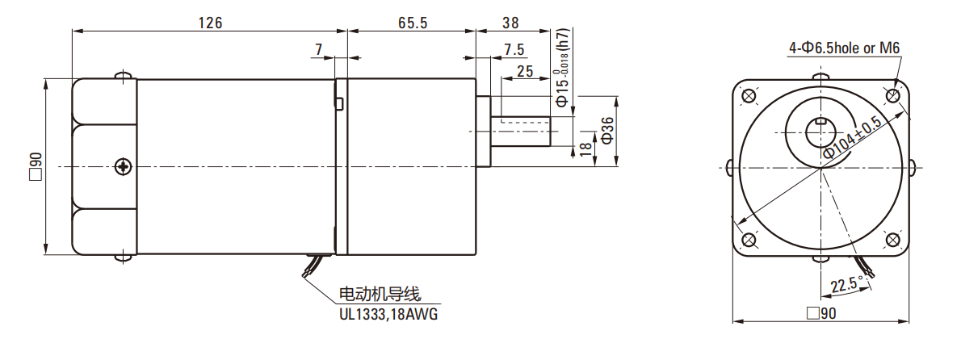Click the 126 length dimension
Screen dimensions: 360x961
click(210, 22)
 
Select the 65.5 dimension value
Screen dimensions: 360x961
click(412, 22)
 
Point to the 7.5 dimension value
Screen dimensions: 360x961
click(514, 50)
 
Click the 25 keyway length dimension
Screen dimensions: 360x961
click(524, 71)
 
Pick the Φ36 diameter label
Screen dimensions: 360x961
click(608, 130)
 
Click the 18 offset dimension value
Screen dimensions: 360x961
click(585, 149)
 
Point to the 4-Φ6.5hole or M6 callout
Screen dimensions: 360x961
click(844, 48)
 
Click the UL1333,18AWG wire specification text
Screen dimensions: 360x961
click(388, 313)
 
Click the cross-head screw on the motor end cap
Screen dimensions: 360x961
click(123, 167)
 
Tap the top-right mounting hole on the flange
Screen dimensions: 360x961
click(894, 95)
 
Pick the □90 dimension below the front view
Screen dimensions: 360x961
click(821, 314)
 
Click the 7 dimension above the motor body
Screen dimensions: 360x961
click(319, 50)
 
